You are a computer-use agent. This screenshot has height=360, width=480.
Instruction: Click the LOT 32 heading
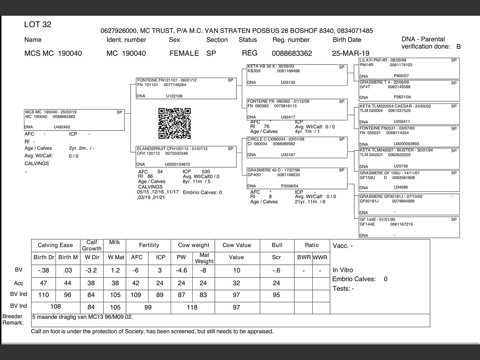tap(37, 25)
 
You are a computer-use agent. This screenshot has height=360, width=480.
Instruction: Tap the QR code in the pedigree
tap(174, 123)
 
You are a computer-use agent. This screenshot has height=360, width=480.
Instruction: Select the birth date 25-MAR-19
tap(350, 53)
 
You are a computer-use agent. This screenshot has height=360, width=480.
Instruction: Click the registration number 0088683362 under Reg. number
tap(292, 53)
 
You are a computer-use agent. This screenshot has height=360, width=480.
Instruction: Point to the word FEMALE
tap(184, 53)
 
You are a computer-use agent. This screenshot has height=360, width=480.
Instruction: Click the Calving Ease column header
tap(55, 245)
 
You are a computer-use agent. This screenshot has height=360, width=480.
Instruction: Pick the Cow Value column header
tap(236, 245)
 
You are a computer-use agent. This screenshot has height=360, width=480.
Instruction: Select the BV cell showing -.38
tap(43, 270)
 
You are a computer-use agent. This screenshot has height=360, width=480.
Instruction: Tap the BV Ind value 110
tap(43, 295)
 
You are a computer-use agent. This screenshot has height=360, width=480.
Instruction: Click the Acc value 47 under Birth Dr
tap(43, 283)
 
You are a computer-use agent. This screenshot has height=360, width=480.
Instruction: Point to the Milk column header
tap(114, 243)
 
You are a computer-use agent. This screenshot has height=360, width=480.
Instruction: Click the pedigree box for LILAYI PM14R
tap(409, 68)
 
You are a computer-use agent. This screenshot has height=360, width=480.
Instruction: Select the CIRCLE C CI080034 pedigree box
tap(297, 147)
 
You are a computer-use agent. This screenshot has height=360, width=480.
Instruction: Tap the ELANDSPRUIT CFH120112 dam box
tap(186, 156)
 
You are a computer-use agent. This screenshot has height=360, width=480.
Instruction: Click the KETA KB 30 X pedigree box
tap(297, 75)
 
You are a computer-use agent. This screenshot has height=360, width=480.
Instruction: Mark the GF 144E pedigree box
tap(409, 227)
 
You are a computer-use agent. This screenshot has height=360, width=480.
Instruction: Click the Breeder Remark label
tap(13, 319)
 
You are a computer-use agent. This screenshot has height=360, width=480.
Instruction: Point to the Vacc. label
tap(342, 246)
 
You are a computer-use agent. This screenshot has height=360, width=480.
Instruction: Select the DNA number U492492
tap(62, 127)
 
